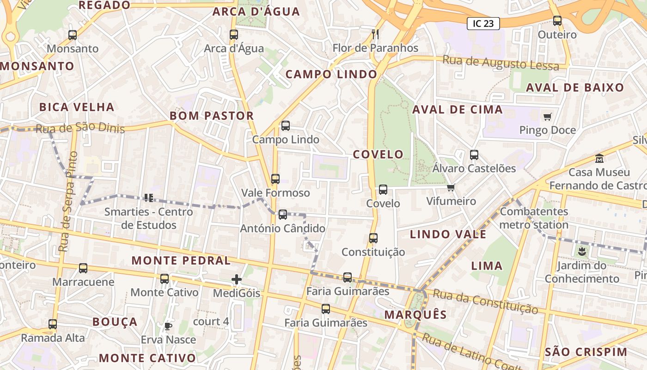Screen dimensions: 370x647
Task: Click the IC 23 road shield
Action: tap(483, 24)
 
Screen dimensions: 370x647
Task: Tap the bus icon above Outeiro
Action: tap(557, 21)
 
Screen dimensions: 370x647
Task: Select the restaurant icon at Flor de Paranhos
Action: tap(375, 34)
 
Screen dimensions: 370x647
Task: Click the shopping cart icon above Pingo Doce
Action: tap(548, 117)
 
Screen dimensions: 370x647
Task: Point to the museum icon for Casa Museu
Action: tap(599, 158)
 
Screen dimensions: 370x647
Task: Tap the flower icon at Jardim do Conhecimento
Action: tap(582, 252)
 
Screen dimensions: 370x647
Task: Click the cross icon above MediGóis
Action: tap(237, 279)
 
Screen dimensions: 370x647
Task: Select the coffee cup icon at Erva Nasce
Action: tap(168, 326)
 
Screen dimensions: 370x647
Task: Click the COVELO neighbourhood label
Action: tap(378, 154)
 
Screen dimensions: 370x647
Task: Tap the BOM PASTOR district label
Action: tap(212, 116)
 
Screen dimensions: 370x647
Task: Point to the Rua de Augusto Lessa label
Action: tap(501, 62)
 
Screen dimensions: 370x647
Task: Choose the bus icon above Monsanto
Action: tap(73, 35)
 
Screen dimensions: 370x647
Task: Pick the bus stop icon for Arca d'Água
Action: tap(234, 34)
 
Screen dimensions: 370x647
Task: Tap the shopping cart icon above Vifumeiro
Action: tap(451, 187)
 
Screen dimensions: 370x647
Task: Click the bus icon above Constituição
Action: tap(373, 238)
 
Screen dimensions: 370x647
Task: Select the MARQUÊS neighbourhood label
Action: tap(415, 315)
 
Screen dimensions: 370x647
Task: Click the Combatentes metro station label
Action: tap(534, 218)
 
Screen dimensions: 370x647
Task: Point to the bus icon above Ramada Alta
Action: tap(53, 324)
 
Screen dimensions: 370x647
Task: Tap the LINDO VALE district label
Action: tap(448, 234)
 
